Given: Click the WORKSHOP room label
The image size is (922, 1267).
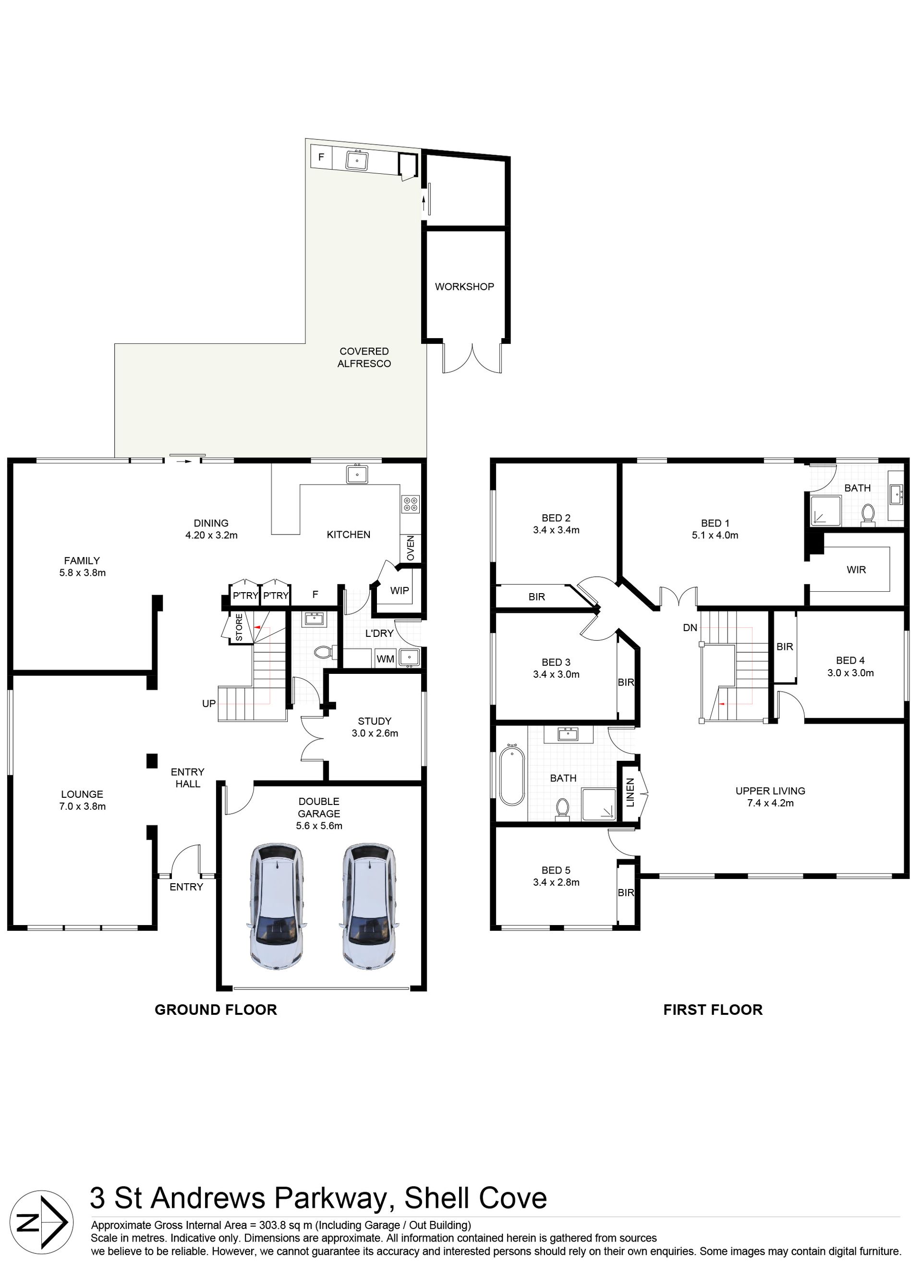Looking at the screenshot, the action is [x=465, y=287].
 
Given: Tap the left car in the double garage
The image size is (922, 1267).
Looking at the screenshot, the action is [x=276, y=906].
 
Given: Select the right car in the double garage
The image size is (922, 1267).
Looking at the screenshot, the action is [x=369, y=906].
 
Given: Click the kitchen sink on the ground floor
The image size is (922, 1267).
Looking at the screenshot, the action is [x=357, y=475].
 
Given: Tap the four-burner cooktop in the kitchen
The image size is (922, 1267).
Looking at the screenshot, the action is [x=411, y=504].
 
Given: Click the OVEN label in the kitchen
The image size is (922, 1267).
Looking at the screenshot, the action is [x=411, y=548].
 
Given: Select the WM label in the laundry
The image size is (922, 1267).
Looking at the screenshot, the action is [x=385, y=659].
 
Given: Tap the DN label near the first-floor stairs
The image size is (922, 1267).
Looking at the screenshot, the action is [x=690, y=627].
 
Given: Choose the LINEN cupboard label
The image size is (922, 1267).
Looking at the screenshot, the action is [x=631, y=792].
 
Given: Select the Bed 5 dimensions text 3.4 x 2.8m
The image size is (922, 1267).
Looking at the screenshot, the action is [x=556, y=883].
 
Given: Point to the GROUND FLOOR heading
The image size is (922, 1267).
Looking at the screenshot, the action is [x=216, y=1010].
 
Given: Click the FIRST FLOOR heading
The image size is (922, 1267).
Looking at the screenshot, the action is [x=713, y=1010].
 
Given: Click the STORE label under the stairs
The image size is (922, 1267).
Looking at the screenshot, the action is [x=239, y=627].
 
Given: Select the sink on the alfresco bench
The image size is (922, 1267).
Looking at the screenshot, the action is [x=357, y=160].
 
